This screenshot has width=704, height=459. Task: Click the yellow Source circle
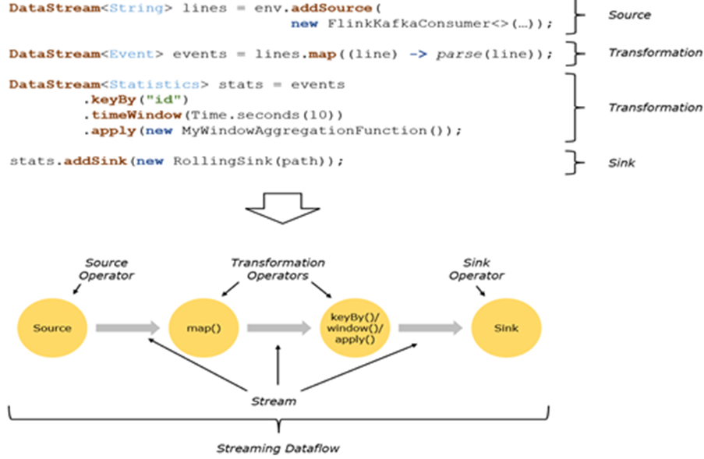(52, 328)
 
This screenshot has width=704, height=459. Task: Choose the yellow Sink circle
(506, 328)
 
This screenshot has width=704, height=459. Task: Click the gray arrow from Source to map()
(128, 328)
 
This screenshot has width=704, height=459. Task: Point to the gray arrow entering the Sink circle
(430, 328)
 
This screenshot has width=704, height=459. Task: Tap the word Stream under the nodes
(274, 401)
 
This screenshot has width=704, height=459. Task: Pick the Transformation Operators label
(278, 269)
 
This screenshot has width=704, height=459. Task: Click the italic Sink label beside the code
(621, 163)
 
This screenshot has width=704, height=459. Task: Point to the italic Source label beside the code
(629, 15)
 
